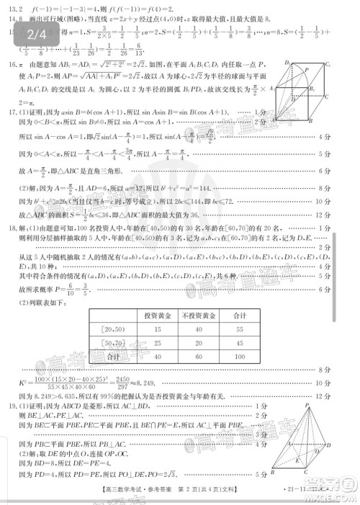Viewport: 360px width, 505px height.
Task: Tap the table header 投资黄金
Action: point(157,316)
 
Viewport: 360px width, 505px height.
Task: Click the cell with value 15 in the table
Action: point(157,329)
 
